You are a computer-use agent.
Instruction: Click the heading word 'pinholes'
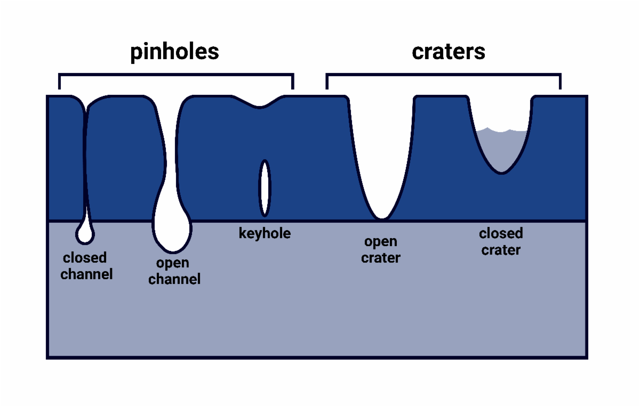pos(175,52)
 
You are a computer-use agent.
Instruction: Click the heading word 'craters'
pos(449,52)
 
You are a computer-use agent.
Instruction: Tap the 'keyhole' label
pos(265,233)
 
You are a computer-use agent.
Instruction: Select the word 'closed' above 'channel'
pos(85,258)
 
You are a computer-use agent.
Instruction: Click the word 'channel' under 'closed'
pos(86,274)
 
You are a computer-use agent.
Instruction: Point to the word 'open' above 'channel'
pos(173,263)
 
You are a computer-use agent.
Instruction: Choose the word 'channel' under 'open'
pos(174,279)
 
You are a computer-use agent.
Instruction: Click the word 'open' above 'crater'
pos(380,242)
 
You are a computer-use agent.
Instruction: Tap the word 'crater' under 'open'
pos(380,258)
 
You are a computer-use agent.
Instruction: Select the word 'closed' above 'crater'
pos(501,233)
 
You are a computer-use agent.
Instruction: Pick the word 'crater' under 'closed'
pos(501,250)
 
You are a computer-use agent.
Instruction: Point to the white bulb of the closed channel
pos(85,233)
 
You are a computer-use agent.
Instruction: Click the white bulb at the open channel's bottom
pos(172,229)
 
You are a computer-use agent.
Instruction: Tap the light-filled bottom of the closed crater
pos(501,152)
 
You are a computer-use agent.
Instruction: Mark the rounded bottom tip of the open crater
pos(381,214)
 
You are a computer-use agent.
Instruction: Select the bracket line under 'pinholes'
pos(176,74)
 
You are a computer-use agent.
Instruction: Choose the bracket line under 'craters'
pos(443,74)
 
